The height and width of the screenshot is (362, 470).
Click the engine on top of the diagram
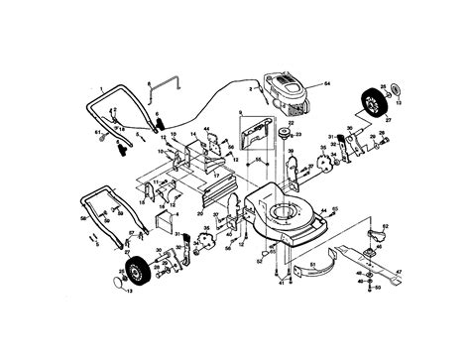(287, 88)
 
